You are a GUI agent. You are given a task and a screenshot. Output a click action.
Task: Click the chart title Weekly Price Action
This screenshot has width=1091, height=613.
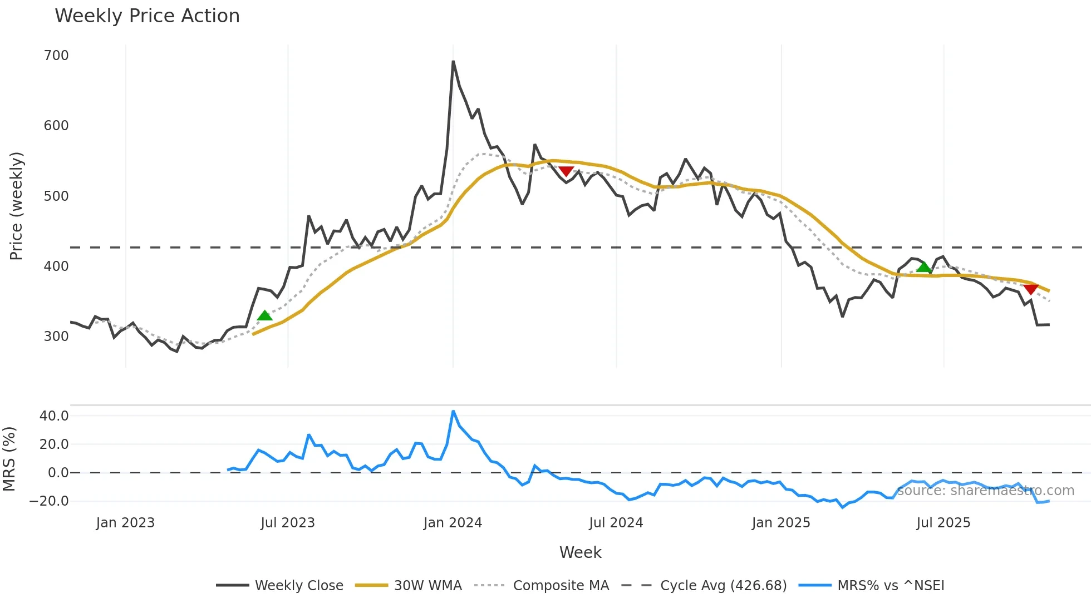(147, 16)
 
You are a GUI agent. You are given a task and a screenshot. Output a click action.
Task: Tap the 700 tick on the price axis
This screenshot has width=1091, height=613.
(56, 56)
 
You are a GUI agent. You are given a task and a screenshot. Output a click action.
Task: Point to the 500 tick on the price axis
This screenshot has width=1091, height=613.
(56, 196)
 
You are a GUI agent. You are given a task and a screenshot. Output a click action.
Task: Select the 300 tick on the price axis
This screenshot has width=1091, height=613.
(56, 337)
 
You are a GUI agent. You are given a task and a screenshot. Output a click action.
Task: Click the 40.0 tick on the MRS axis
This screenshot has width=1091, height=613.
(54, 416)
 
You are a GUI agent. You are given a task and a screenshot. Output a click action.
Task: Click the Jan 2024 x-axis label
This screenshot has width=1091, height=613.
(453, 523)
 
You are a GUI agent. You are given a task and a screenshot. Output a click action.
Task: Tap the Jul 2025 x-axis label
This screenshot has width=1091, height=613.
(943, 523)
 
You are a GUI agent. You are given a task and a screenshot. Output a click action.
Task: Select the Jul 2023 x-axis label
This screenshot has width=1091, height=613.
(288, 523)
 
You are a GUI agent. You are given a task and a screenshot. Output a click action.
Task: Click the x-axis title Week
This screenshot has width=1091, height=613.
(580, 552)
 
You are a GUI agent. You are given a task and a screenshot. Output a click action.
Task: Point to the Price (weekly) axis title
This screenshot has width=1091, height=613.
(16, 206)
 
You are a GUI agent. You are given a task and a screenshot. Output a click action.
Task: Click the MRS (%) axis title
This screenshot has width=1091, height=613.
(9, 459)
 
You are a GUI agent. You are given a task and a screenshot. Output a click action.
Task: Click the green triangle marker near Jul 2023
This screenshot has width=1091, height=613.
(265, 316)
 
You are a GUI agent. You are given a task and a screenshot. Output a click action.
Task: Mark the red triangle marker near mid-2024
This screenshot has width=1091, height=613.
(566, 171)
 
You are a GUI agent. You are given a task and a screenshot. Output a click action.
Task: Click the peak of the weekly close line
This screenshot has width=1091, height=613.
(453, 62)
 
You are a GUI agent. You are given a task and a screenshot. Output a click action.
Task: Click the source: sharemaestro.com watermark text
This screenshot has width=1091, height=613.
(986, 491)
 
